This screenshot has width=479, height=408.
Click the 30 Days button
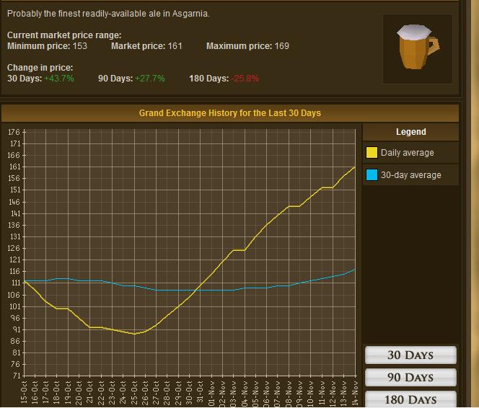pyautogui.click(x=410, y=355)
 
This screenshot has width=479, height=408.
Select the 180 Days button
pyautogui.click(x=410, y=399)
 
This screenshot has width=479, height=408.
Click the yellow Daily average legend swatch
pyautogui.click(x=372, y=153)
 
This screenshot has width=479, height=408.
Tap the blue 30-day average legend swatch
pyautogui.click(x=372, y=175)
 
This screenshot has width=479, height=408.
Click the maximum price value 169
pyautogui.click(x=281, y=46)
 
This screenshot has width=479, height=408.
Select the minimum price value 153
pyautogui.click(x=79, y=46)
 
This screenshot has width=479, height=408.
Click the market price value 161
pyautogui.click(x=175, y=46)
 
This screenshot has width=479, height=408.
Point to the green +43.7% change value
pyautogui.click(x=59, y=79)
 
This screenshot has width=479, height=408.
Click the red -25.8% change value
pyautogui.click(x=245, y=79)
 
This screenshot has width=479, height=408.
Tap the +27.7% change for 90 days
pyautogui.click(x=150, y=79)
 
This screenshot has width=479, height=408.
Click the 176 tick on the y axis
pyautogui.click(x=14, y=132)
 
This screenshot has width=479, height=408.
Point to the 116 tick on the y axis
pyautogui.click(x=14, y=272)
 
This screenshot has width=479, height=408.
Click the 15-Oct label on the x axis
pyautogui.click(x=25, y=394)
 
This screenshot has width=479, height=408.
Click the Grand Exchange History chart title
pyautogui.click(x=230, y=113)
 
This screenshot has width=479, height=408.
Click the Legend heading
pyautogui.click(x=410, y=132)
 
